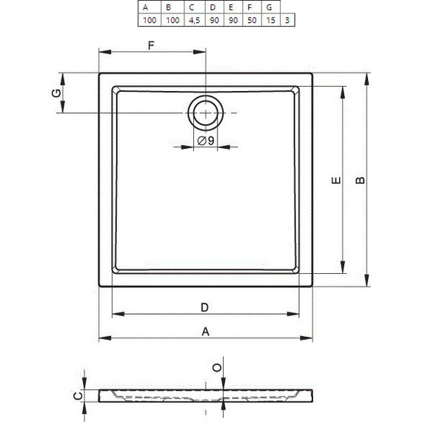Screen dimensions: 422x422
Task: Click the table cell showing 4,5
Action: [194, 20]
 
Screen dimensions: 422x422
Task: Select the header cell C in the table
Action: [194, 7]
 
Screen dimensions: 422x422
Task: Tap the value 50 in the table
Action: [252, 20]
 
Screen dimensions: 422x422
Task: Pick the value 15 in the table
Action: [271, 20]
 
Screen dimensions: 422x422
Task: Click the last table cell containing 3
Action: [287, 20]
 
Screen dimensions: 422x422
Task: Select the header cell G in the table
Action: [271, 7]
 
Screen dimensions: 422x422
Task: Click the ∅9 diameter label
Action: [206, 141]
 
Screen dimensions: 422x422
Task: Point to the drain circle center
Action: [206, 113]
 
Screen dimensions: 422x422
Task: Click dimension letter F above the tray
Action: [151, 45]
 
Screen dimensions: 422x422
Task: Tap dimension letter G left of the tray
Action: [56, 93]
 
